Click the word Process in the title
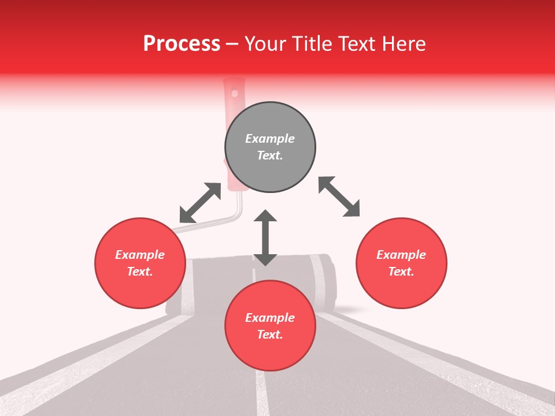(182, 44)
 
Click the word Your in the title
(265, 44)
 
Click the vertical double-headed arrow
(265, 237)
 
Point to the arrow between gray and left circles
(200, 203)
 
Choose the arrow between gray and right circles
(339, 196)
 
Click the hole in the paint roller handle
(234, 92)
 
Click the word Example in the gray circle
(270, 139)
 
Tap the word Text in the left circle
(140, 272)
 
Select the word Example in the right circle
(401, 255)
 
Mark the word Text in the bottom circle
(270, 335)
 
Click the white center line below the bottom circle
(262, 393)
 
